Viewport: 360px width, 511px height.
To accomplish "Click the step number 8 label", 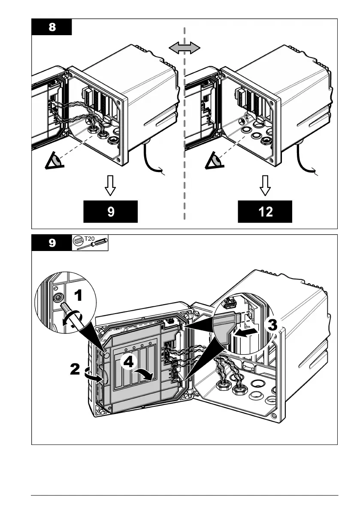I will point(51,27).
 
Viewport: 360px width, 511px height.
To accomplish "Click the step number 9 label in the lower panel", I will point(51,243).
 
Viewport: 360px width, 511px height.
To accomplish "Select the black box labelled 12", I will point(265,212).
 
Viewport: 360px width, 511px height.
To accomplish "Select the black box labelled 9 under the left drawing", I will point(111,212).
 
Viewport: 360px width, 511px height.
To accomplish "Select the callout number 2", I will point(75,369).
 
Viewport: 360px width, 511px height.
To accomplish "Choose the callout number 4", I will point(128,362).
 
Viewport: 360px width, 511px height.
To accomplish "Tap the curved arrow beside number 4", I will point(144,375).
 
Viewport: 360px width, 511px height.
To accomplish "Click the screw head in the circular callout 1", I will point(56,297).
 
